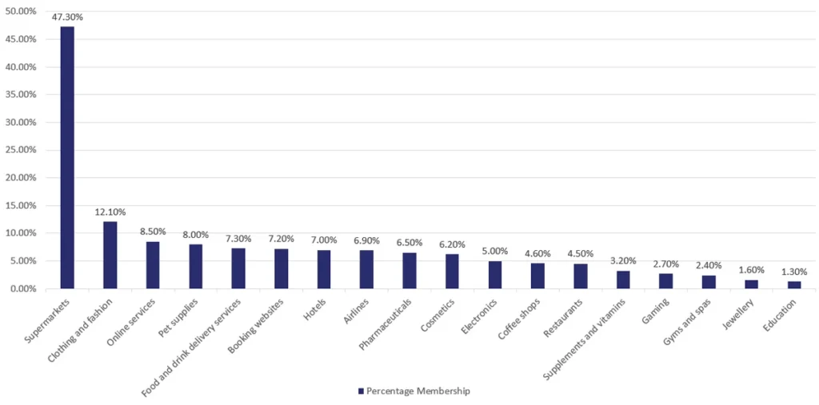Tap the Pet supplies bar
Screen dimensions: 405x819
coord(195,266)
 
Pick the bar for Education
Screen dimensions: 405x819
coord(793,284)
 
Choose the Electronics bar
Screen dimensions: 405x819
coord(495,274)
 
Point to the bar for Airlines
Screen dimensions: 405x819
coord(366,269)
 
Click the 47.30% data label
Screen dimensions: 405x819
coord(67,17)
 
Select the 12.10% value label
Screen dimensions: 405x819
coord(110,212)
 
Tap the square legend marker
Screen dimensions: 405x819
coord(361,391)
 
